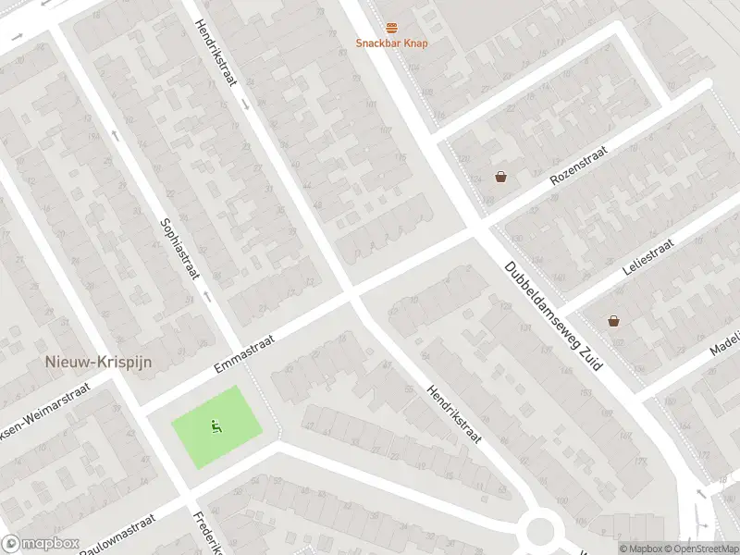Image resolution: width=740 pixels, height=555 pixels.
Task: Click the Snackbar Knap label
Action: (x=392, y=43)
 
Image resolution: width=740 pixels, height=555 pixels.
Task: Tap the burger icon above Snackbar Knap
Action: (x=392, y=28)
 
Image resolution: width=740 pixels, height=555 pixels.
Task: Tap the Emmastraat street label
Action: (x=245, y=353)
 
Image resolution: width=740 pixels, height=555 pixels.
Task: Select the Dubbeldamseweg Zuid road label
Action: (x=552, y=315)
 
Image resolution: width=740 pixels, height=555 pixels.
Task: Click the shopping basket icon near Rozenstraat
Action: (x=500, y=177)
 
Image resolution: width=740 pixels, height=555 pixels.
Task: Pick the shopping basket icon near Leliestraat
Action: (x=613, y=321)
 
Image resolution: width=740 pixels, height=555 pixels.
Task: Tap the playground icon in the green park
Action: (x=216, y=426)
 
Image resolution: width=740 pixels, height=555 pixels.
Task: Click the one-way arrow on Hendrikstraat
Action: (x=246, y=105)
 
